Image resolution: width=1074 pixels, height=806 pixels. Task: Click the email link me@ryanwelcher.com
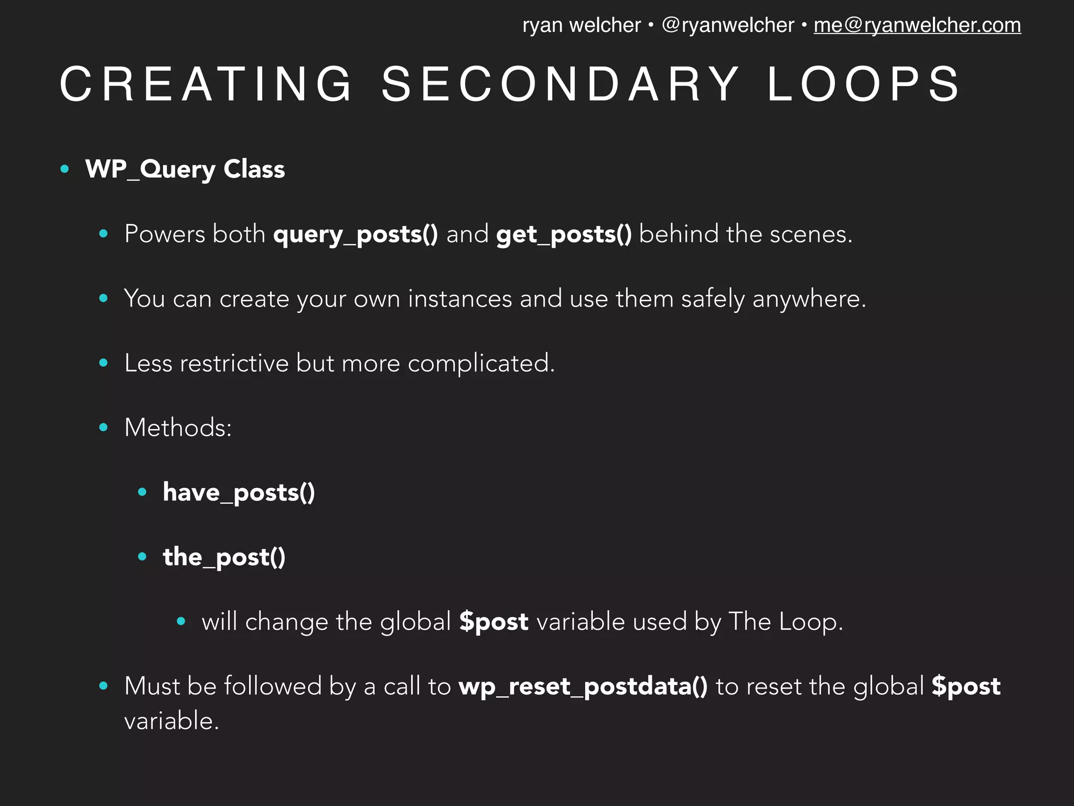coord(917,25)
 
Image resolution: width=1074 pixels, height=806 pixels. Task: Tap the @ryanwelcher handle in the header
coord(728,25)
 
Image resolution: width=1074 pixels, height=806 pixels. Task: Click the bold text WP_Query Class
coord(185,169)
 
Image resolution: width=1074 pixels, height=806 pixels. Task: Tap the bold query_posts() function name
coord(355,234)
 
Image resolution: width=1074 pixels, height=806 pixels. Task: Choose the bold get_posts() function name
coord(564,234)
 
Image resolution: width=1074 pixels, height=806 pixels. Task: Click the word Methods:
coord(178,428)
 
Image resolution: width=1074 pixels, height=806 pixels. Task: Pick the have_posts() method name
coord(239,493)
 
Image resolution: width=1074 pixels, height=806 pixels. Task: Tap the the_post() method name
coord(224,557)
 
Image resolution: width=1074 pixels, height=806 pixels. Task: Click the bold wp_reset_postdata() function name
coord(583,686)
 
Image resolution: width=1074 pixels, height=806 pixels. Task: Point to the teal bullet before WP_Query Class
coord(65,169)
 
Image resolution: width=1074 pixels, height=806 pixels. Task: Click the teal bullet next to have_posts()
coord(142,492)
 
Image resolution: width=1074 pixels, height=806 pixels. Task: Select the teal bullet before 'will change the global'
coord(181,621)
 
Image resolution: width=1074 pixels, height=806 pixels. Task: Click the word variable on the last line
coord(171,720)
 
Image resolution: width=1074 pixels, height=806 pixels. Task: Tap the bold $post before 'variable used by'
coord(493,622)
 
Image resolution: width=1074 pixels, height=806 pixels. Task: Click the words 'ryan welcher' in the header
coord(581,25)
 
